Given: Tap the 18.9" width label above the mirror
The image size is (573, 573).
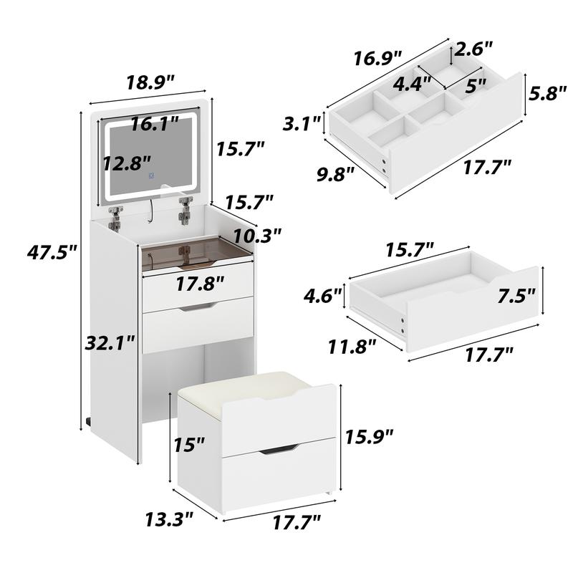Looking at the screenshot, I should [151, 82].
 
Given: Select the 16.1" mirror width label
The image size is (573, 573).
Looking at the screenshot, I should [155, 124].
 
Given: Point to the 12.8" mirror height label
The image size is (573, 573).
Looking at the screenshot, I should [126, 164].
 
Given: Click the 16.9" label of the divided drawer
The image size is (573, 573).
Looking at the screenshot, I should [377, 57].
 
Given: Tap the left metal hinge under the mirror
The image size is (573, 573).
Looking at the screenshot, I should [115, 215].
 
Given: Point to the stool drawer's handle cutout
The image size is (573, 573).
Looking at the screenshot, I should [278, 448].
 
